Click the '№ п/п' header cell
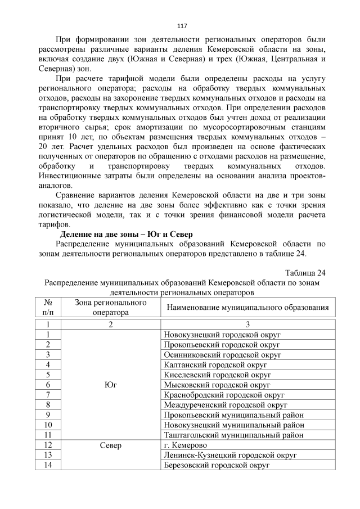pyautogui.click(x=48, y=307)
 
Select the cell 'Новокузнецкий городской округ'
pyautogui.click(x=222, y=335)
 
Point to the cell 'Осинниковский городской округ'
pyautogui.click(x=222, y=355)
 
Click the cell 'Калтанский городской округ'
pyautogui.click(x=216, y=365)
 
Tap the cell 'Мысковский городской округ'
pyautogui.click(x=217, y=385)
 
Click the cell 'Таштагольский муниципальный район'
pyautogui.click(x=233, y=435)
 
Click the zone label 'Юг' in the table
pyautogui.click(x=111, y=385)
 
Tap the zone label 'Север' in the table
pyautogui.click(x=111, y=445)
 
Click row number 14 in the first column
pyautogui.click(x=48, y=465)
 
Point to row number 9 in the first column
pyautogui.click(x=48, y=415)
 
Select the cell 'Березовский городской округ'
pyautogui.click(x=217, y=465)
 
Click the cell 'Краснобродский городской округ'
pyautogui.click(x=224, y=395)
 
